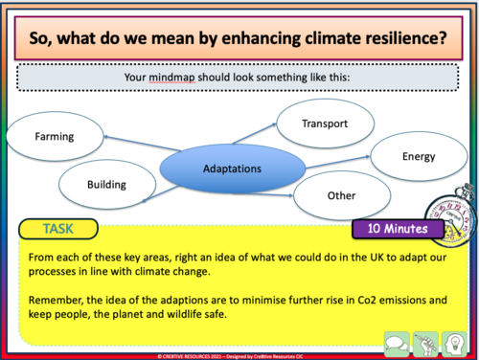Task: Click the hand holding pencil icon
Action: tap(425, 339)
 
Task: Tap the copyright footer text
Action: tap(239, 355)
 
